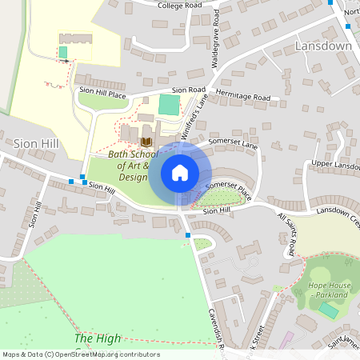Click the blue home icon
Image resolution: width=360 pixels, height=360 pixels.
180,173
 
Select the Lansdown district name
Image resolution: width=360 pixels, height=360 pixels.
323,46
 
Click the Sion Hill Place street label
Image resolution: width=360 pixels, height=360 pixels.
102,93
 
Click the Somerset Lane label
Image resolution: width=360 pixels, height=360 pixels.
234,142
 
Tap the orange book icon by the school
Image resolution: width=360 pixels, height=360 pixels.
146,142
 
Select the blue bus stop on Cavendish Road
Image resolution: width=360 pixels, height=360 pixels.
188,235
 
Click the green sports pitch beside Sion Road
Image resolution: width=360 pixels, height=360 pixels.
169,105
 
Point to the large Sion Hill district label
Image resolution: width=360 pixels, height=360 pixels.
36,142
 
